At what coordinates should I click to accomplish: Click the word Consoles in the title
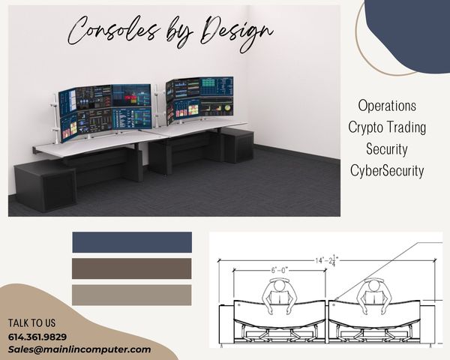tap(113, 31)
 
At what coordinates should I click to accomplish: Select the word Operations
tap(387, 106)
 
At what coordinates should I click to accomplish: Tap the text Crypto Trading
tap(387, 127)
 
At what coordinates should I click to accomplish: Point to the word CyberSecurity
tap(387, 170)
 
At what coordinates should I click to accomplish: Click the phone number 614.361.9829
tap(37, 337)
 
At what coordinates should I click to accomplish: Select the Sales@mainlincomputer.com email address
tap(79, 349)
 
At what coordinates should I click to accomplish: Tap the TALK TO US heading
tap(31, 323)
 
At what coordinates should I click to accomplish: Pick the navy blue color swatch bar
tap(132, 242)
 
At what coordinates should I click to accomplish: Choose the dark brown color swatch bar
tap(132, 268)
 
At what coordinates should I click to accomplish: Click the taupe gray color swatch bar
tap(132, 295)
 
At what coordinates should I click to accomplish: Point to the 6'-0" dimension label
tap(280, 270)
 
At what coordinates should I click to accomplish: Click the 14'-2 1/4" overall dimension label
tap(327, 261)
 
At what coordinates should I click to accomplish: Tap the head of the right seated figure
tap(373, 285)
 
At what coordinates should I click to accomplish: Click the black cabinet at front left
tap(44, 186)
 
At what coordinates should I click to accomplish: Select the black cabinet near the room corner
tap(238, 145)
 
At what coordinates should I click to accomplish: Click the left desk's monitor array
tap(105, 112)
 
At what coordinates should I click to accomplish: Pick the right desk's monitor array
tap(199, 99)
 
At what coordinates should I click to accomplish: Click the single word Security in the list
tap(387, 148)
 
